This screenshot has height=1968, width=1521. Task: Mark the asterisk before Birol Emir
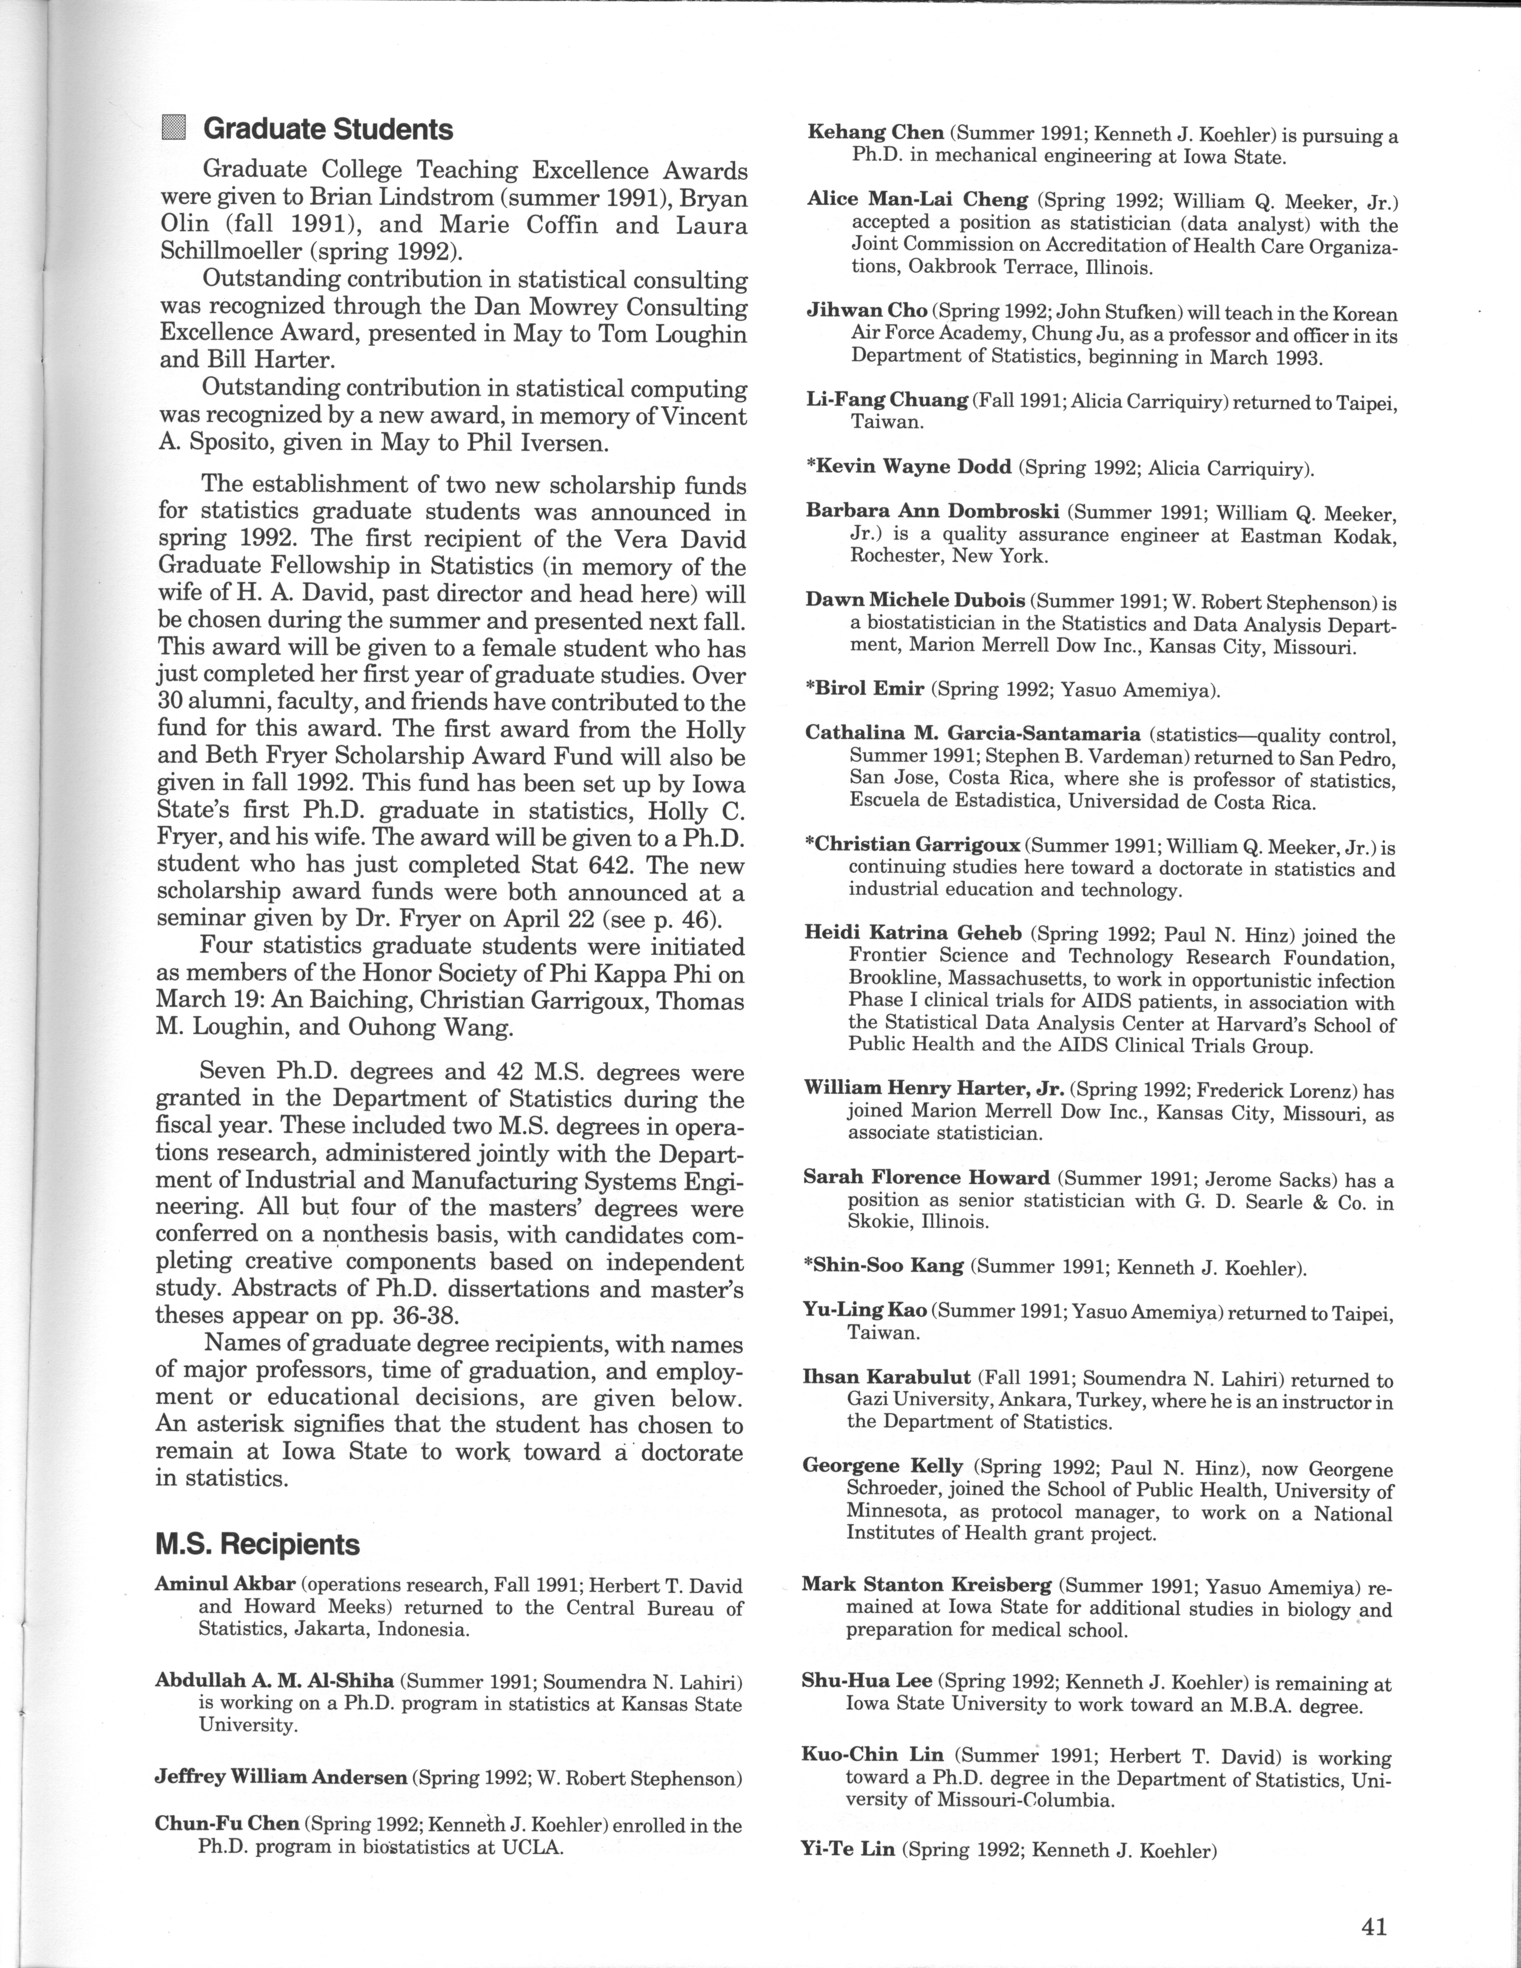810,689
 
